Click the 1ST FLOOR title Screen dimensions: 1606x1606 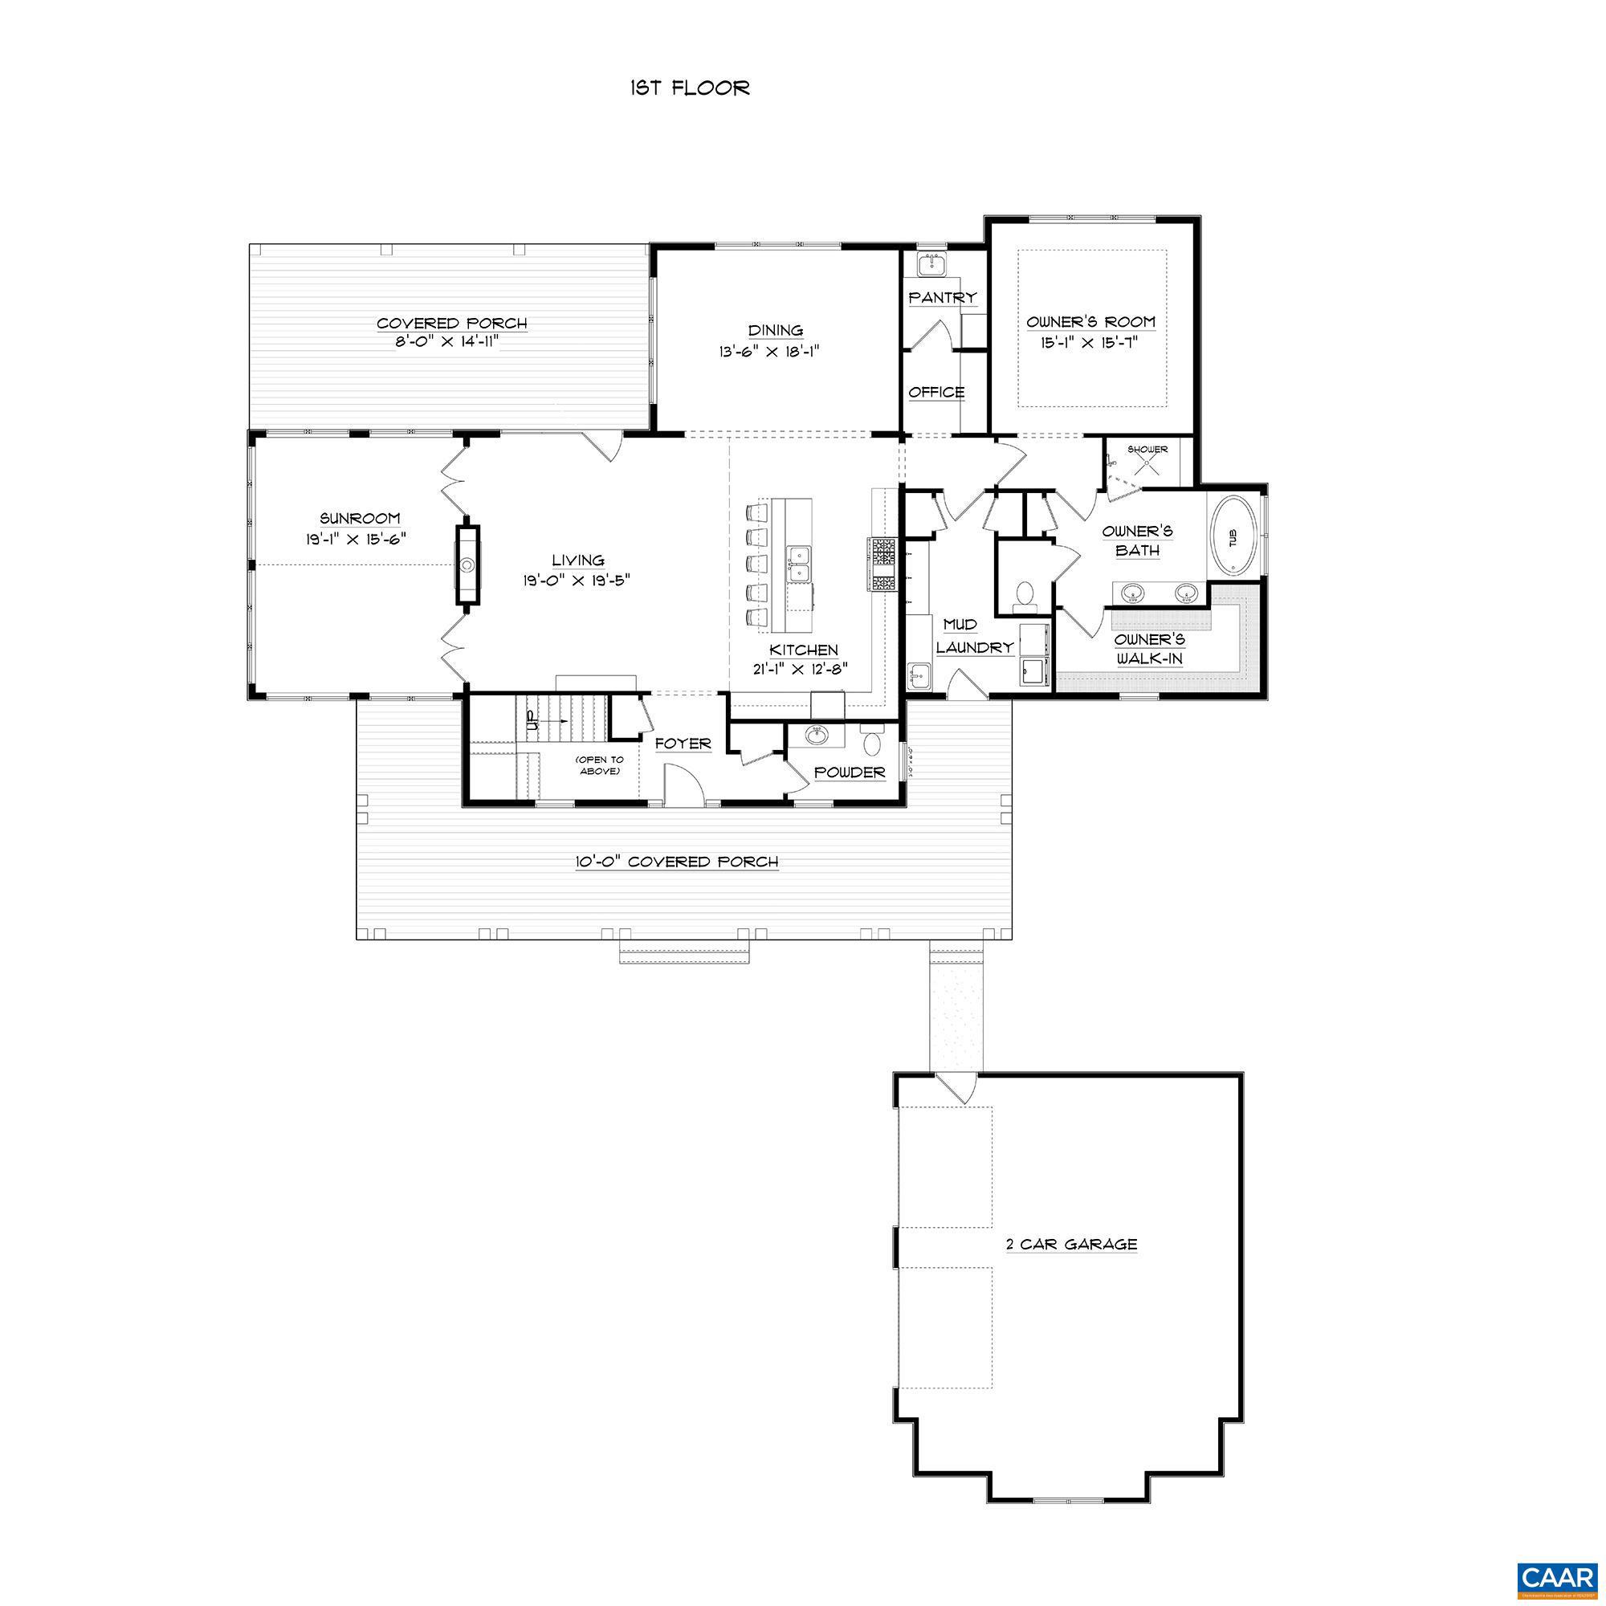coord(689,88)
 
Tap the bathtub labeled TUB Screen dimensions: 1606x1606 coord(1233,537)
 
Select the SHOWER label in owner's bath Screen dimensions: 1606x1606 coord(1147,450)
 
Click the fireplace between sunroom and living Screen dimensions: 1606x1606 coord(468,565)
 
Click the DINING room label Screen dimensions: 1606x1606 coord(775,331)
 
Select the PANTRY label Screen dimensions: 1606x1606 coord(942,298)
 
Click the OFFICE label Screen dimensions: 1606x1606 coord(936,393)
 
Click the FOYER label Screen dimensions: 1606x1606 coord(683,743)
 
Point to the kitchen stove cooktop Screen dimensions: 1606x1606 coord(882,565)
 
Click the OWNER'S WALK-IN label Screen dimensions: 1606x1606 coord(1150,649)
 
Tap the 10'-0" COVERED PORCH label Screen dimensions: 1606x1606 coord(677,862)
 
